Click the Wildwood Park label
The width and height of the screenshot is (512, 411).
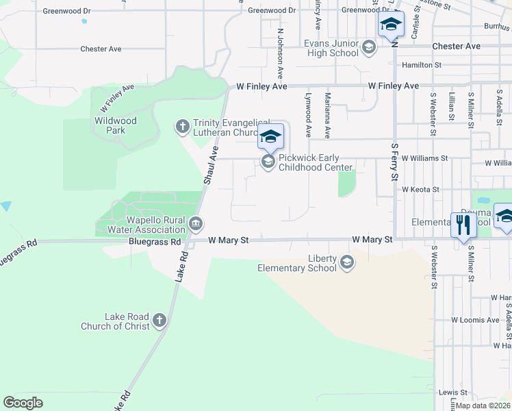(116, 125)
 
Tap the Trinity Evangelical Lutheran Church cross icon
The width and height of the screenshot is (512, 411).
(182, 126)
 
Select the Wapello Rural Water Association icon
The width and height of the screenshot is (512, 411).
(196, 223)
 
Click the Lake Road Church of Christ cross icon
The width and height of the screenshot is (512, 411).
(159, 320)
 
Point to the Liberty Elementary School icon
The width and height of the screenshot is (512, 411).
(347, 262)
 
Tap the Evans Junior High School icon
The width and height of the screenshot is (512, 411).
(369, 47)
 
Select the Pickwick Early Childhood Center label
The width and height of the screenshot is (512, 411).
(315, 162)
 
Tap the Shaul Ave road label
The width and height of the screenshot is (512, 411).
(211, 165)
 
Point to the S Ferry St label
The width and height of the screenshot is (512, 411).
(394, 162)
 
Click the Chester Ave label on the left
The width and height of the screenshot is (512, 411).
(101, 49)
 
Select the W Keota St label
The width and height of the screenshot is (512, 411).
(420, 189)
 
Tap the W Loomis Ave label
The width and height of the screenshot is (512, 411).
(475, 320)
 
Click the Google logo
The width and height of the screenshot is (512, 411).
(23, 403)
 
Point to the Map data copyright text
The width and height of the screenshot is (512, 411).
(483, 406)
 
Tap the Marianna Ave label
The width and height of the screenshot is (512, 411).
(328, 116)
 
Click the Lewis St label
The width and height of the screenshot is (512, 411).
(448, 393)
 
